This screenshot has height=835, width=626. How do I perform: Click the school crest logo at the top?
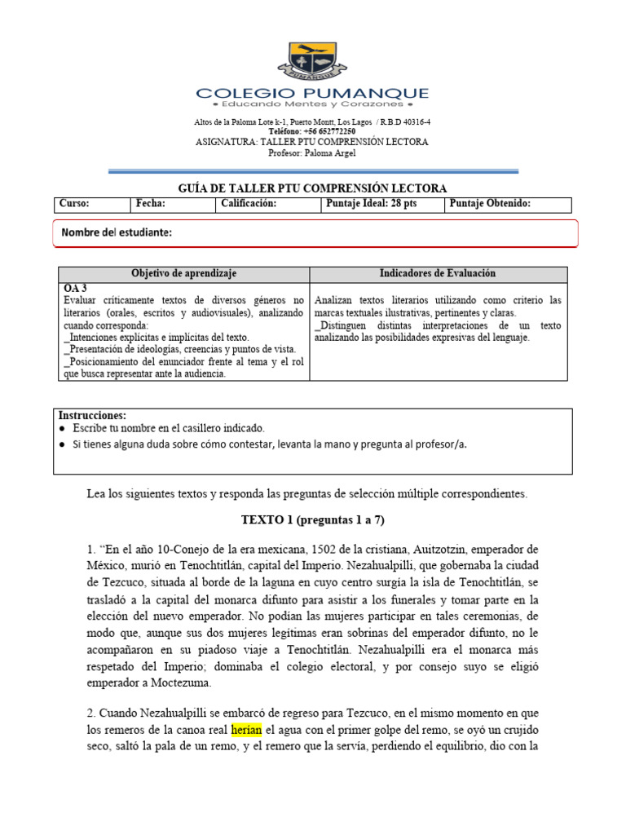tap(312, 61)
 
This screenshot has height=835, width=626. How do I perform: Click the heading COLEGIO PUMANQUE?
tap(312, 93)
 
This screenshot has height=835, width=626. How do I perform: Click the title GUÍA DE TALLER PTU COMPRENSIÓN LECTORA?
tap(312, 188)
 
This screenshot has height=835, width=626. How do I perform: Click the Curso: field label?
tap(75, 204)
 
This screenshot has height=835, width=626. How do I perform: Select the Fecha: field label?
tap(151, 204)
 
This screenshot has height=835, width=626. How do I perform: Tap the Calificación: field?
tap(249, 204)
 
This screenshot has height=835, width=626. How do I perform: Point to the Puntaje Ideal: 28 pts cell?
tap(371, 204)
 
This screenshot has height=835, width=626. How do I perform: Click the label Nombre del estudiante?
tap(117, 233)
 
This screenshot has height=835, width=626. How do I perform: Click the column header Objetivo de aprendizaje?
tap(184, 274)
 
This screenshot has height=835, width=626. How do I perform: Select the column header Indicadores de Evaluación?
tap(438, 274)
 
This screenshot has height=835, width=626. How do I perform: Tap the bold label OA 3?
tap(75, 289)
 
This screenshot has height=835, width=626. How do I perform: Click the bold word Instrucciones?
tap(92, 416)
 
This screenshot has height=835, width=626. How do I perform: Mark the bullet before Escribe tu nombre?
tap(63, 428)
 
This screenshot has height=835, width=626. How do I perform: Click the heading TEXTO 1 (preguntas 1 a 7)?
tap(312, 520)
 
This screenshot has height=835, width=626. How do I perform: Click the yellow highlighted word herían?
tap(246, 730)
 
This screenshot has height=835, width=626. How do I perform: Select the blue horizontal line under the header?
tap(314, 171)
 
